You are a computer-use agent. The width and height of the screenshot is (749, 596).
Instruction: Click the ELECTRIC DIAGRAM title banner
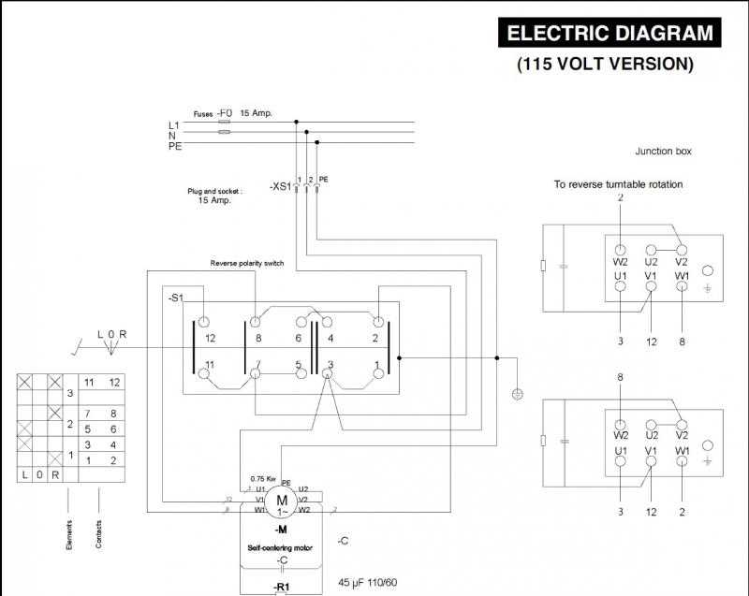[609, 34]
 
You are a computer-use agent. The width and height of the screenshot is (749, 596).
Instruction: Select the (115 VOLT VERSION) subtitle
[605, 65]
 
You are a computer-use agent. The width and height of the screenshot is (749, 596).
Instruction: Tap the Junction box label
[663, 151]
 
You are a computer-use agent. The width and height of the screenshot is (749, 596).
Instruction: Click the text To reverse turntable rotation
[618, 184]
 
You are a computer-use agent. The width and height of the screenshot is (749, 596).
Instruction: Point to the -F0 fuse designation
[225, 112]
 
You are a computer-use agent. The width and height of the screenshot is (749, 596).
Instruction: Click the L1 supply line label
[173, 124]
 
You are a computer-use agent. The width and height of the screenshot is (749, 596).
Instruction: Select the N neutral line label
[172, 135]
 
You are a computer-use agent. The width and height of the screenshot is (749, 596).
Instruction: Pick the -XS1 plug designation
[279, 187]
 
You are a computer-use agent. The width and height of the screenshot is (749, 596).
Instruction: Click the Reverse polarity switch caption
[247, 263]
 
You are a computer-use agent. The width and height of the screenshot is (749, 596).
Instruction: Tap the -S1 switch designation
[176, 298]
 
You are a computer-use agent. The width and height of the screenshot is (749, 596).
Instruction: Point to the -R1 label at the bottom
[282, 587]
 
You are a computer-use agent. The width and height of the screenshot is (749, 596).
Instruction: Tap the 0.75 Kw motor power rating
[263, 479]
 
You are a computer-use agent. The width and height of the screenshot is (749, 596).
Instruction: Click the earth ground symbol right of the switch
[518, 394]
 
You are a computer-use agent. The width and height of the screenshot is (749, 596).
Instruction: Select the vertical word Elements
[69, 534]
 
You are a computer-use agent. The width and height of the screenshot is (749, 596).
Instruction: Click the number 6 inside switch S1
[299, 338]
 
